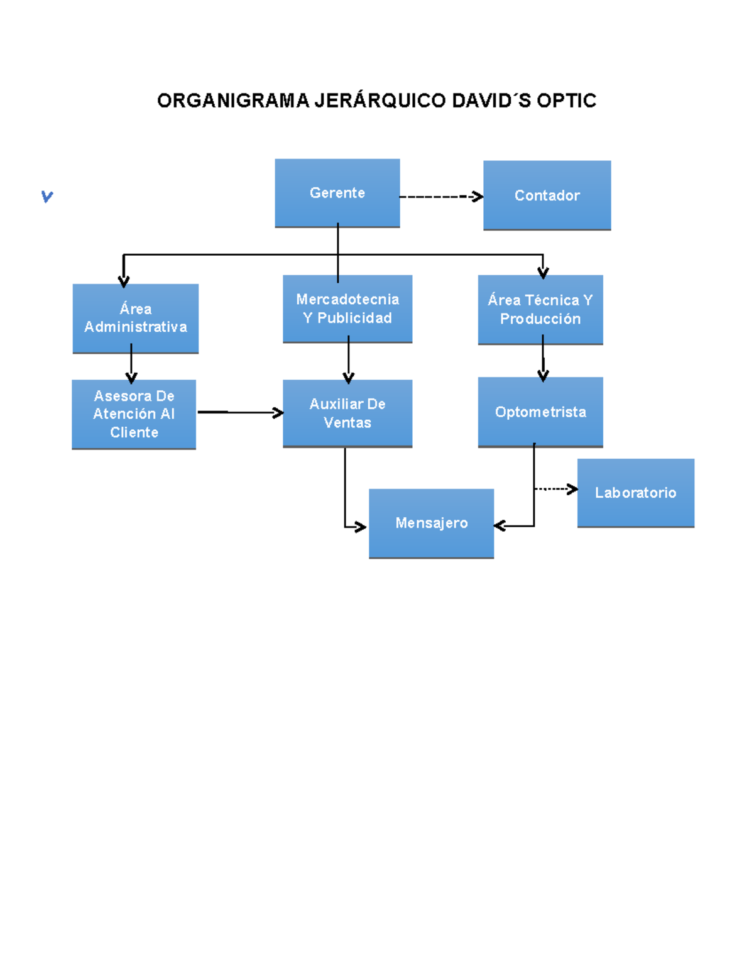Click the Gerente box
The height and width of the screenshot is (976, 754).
[337, 193]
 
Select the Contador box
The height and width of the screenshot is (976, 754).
[547, 195]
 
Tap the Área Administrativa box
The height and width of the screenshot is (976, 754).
[136, 319]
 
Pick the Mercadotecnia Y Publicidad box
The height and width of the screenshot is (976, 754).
[347, 309]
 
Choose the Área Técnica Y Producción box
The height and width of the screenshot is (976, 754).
[540, 310]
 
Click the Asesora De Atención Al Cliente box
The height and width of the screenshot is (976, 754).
[134, 415]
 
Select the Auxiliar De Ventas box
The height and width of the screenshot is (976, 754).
[347, 414]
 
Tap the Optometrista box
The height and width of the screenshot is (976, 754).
[540, 412]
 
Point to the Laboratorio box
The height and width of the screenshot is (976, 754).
[636, 493]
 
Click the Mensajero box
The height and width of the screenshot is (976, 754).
[432, 524]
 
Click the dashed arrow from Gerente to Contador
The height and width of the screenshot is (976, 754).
[442, 197]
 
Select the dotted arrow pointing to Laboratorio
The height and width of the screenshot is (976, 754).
[556, 489]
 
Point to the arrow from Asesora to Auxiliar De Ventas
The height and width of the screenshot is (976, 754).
[241, 412]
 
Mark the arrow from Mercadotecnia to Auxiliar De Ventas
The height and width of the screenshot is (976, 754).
[349, 359]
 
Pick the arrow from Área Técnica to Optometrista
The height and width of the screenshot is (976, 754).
[543, 358]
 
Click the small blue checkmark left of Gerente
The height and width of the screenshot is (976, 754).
[47, 196]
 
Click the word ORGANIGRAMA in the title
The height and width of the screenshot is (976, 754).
[233, 101]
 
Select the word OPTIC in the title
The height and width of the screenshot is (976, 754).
[567, 101]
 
